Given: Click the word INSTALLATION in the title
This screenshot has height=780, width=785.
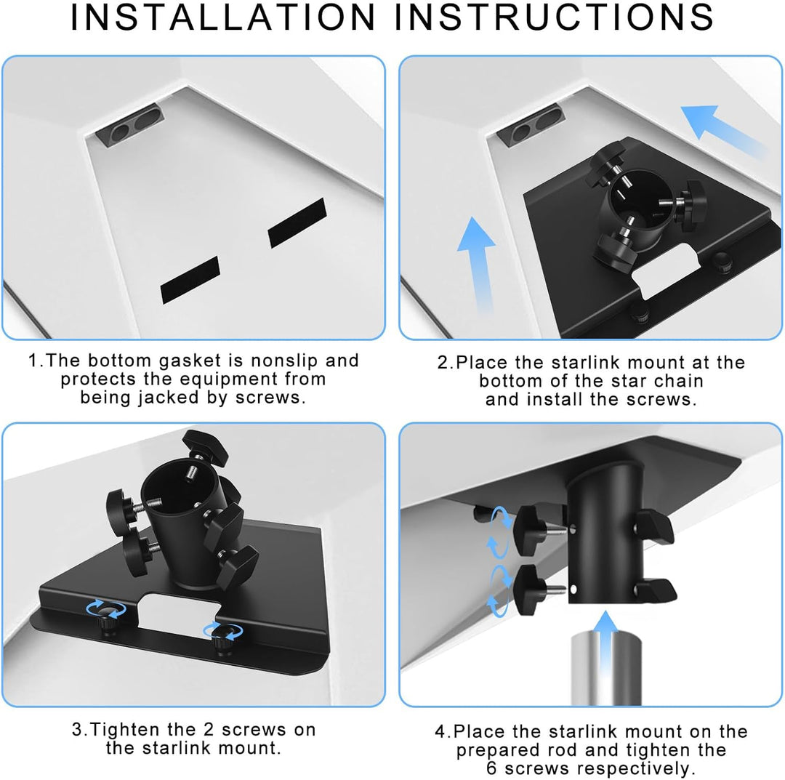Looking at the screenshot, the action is [x=223, y=17].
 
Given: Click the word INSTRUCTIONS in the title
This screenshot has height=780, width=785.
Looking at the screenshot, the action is [x=554, y=17].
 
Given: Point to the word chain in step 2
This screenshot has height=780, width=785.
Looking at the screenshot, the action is [x=678, y=381].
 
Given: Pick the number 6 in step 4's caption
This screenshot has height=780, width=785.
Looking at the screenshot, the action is [x=491, y=768].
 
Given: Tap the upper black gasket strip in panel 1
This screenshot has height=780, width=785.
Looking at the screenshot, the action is [x=297, y=222].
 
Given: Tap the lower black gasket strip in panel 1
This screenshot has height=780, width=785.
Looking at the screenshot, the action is [x=190, y=280].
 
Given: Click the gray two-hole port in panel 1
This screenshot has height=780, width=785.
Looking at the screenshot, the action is [x=130, y=124].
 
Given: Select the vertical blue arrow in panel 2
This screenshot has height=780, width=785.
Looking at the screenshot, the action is [x=477, y=265].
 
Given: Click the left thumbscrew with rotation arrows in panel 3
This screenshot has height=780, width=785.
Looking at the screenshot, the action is [x=107, y=616].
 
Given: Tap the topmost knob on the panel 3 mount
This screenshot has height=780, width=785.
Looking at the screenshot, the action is [x=205, y=446].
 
